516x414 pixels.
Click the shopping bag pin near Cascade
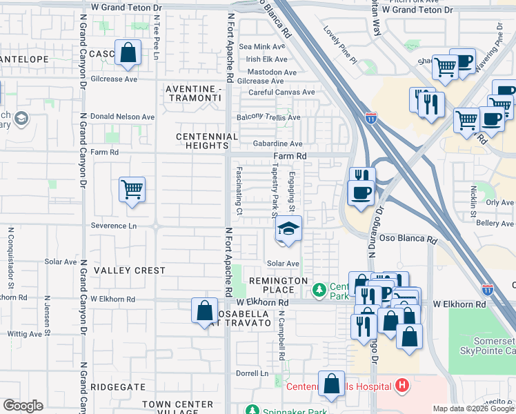coord(128,53)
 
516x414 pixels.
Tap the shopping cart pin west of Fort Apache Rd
coord(132,188)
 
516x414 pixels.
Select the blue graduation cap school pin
coord(289,230)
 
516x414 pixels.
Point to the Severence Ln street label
coord(114,226)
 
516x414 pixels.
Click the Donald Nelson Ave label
coord(123,117)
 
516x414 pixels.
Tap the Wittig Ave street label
coord(23,334)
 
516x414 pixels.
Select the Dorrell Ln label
coord(252,373)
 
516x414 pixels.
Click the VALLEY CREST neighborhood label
coord(130,270)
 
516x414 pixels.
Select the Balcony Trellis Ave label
coord(268,117)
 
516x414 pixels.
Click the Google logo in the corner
coord(23,406)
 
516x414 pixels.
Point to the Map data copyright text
coord(474,408)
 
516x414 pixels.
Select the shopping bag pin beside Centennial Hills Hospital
coord(332,386)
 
